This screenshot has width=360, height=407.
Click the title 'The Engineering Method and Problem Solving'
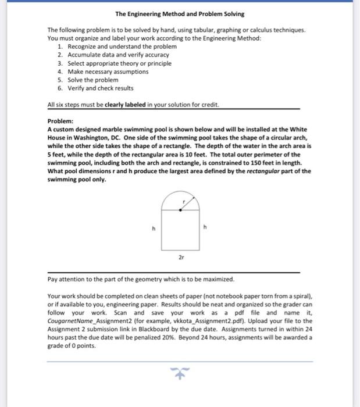(x=180, y=13)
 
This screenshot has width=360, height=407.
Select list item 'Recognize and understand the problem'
(x=114, y=46)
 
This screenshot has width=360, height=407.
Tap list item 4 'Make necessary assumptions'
(x=108, y=72)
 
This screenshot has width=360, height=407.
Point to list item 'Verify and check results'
(x=101, y=88)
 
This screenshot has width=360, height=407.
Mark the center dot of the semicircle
(x=180, y=210)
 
